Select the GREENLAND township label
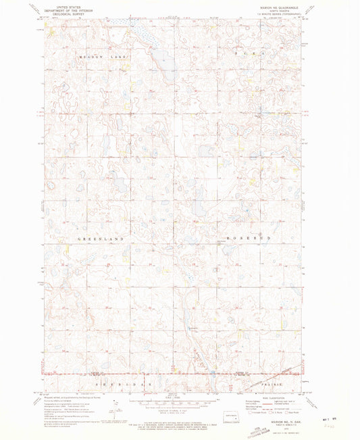(102, 239)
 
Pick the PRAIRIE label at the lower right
(285, 383)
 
